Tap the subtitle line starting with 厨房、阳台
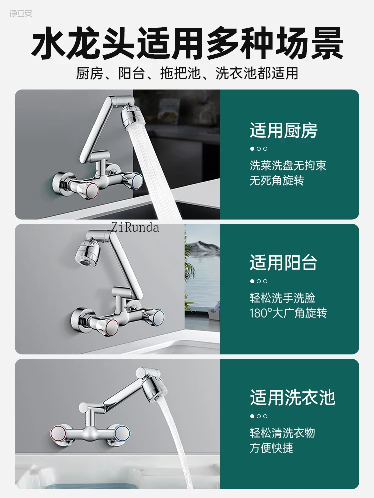coord(187,74)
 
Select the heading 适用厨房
coord(283,130)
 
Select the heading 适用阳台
coord(283,263)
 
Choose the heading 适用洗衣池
coord(292,397)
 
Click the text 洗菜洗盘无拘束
coord(288,165)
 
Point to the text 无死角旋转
coord(277,180)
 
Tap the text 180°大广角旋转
coord(288,313)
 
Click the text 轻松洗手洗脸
coord(282,298)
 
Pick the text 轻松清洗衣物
coord(282,433)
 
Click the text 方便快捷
coord(271,448)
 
